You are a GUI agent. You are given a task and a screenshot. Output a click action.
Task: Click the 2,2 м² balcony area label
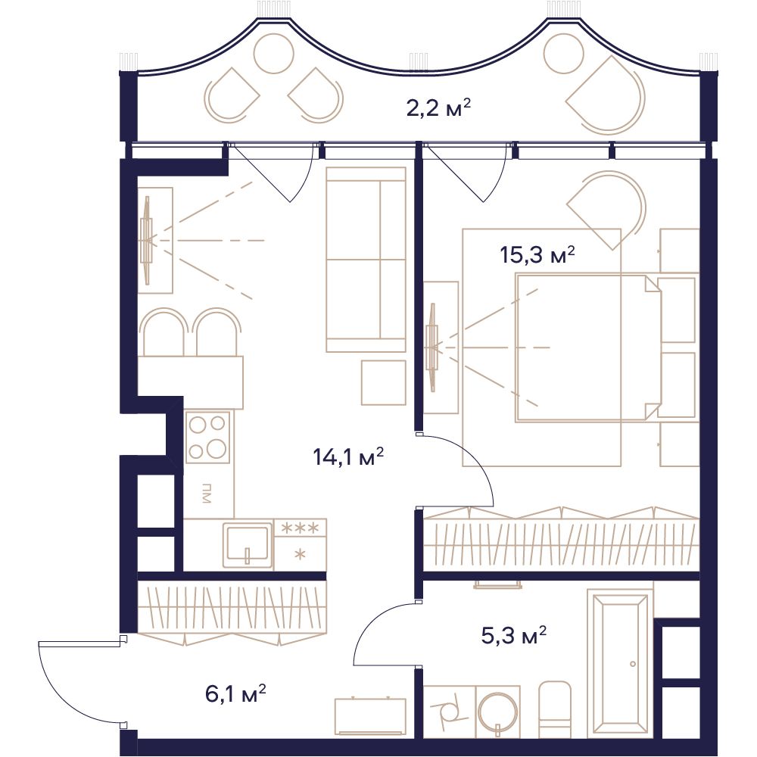[438, 107]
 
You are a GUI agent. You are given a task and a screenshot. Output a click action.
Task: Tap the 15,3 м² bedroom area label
[537, 254]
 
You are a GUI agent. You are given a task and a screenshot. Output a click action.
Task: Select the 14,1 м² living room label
[348, 456]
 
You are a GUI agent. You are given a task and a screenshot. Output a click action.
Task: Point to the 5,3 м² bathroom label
[514, 635]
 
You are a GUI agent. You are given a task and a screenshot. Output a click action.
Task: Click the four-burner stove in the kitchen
[207, 437]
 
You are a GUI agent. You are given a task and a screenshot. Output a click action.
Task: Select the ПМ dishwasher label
[207, 493]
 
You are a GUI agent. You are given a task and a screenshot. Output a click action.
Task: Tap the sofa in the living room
[366, 259]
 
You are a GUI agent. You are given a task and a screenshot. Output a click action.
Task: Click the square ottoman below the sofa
[384, 382]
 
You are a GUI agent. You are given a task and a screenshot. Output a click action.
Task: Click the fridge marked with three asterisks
[301, 544]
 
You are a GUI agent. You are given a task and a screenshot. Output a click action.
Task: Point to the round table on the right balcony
[563, 54]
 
